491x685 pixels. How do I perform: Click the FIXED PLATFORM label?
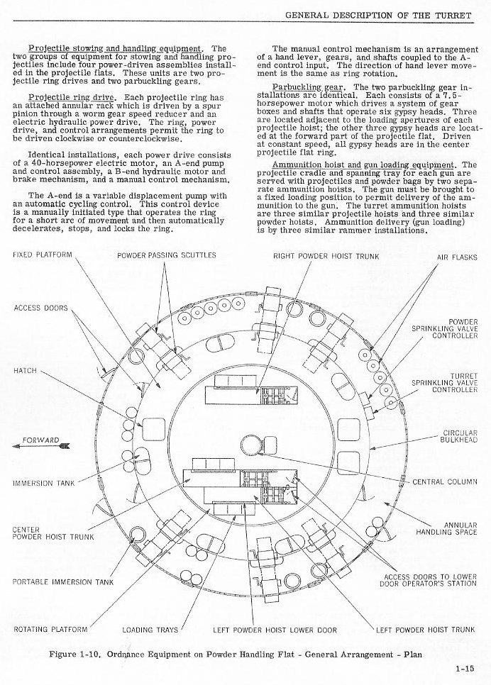click(42, 255)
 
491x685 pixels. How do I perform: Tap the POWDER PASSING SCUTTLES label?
click(167, 255)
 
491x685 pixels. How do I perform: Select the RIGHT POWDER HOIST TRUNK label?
click(326, 256)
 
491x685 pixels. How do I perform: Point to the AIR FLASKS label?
click(458, 257)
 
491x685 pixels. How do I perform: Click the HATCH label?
click(25, 371)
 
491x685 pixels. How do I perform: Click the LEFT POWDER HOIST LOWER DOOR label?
click(275, 629)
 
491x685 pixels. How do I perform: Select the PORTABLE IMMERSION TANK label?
click(63, 582)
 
